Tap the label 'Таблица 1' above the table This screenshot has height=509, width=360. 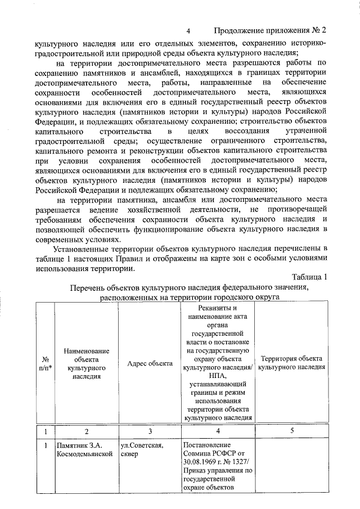(x=309, y=276)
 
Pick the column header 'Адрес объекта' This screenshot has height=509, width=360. (x=150, y=363)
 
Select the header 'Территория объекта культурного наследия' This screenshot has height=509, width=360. (x=291, y=363)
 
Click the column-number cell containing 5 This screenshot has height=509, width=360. (x=291, y=431)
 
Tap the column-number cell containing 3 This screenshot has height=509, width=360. (x=150, y=431)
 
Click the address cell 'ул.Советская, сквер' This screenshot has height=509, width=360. (x=142, y=451)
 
